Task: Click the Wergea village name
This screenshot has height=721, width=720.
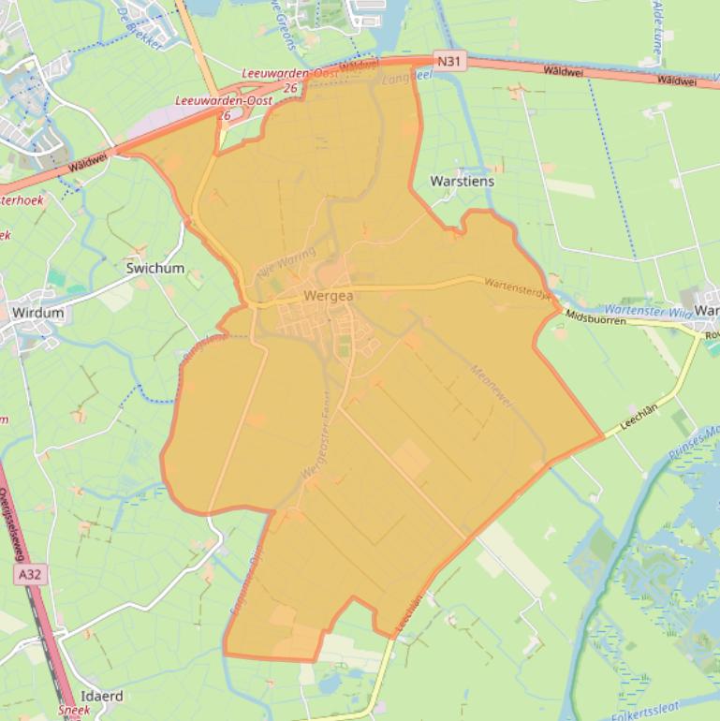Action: pos(328,296)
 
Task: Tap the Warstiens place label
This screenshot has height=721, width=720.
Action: pos(462,181)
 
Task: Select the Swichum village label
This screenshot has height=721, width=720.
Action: pos(154,268)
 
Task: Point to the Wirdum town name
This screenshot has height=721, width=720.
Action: pos(37,313)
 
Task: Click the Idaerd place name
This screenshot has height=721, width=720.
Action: pos(102,697)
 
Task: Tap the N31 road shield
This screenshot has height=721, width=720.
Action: pos(450,62)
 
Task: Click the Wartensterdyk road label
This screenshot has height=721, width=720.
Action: pos(519,290)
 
